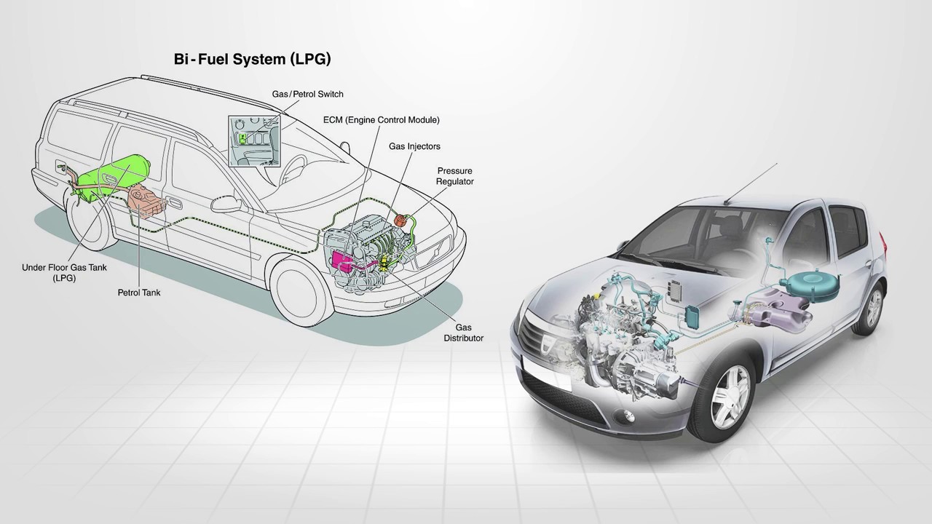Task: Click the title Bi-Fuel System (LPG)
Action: click(x=252, y=59)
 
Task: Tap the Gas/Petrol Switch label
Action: click(x=307, y=94)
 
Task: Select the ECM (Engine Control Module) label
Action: click(x=381, y=120)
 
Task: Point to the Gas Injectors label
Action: click(x=414, y=146)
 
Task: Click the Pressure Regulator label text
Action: click(x=455, y=176)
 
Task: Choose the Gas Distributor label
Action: click(x=464, y=333)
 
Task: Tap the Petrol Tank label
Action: click(x=139, y=293)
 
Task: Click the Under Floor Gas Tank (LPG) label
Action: click(x=64, y=273)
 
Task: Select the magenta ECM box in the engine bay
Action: click(x=341, y=263)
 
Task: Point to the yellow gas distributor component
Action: click(x=386, y=263)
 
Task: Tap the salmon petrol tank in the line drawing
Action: click(x=147, y=202)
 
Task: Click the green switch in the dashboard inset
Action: click(x=242, y=138)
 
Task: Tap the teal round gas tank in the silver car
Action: click(x=810, y=285)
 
